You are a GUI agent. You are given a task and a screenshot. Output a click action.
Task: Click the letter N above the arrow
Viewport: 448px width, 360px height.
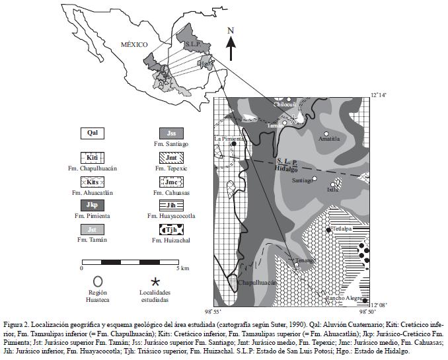pyautogui.click(x=230, y=30)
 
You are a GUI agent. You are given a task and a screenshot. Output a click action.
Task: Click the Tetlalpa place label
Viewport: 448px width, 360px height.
pyautogui.click(x=344, y=229)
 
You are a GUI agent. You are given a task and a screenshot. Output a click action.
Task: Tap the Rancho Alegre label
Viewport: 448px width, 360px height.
pyautogui.click(x=342, y=299)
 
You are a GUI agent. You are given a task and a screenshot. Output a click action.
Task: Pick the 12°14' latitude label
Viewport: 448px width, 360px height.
pyautogui.click(x=378, y=95)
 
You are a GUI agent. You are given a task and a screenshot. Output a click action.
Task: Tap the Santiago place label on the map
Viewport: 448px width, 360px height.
pyautogui.click(x=302, y=180)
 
